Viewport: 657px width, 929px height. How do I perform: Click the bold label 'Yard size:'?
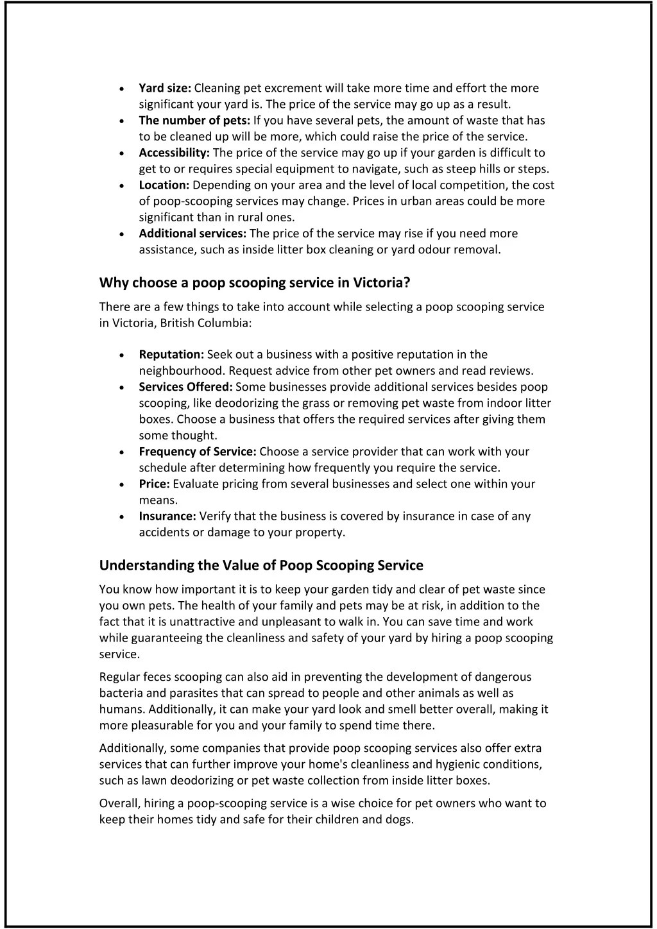click(165, 88)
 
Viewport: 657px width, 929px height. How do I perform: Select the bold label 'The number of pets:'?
click(194, 121)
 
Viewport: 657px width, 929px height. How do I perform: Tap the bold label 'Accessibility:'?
click(174, 153)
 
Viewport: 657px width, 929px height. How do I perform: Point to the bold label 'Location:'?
click(164, 185)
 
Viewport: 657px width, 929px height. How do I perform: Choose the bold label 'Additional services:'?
click(192, 234)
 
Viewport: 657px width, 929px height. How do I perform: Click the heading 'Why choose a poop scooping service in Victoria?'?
click(254, 283)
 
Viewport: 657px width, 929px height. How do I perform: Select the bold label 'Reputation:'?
click(171, 355)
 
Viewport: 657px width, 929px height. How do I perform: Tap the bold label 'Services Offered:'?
click(185, 387)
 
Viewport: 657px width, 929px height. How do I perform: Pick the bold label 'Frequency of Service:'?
click(198, 452)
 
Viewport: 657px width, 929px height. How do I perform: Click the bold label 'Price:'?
click(154, 484)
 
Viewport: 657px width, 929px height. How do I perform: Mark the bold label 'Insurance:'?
click(167, 516)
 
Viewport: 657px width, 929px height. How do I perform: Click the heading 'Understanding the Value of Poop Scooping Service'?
click(261, 565)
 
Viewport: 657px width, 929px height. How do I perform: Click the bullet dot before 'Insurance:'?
click(122, 517)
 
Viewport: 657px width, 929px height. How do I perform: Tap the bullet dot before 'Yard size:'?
click(122, 89)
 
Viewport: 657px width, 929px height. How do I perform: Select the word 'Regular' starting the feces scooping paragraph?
click(118, 677)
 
